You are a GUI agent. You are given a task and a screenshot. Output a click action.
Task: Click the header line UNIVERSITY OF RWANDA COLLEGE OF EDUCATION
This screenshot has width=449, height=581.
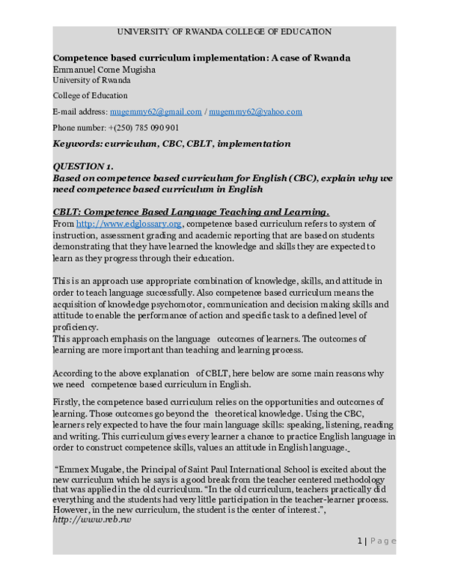pyautogui.click(x=224, y=31)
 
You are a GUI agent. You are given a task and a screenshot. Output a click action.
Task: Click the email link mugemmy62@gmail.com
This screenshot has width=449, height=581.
pyautogui.click(x=156, y=112)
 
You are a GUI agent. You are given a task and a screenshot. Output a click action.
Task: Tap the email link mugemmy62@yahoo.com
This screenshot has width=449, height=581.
pyautogui.click(x=256, y=112)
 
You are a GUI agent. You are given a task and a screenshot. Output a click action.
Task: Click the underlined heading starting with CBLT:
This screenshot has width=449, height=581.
pyautogui.click(x=191, y=211)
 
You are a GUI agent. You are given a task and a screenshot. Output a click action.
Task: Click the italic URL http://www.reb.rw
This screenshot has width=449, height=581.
pyautogui.click(x=91, y=519)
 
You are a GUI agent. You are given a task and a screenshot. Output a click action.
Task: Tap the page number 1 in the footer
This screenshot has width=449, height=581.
pyautogui.click(x=359, y=541)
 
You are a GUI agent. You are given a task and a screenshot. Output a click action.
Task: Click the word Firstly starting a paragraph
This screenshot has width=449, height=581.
pyautogui.click(x=68, y=402)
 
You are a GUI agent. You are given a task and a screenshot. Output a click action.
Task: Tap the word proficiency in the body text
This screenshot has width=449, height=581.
pyautogui.click(x=75, y=327)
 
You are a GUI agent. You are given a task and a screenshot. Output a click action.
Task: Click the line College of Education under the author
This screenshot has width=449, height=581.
pyautogui.click(x=90, y=96)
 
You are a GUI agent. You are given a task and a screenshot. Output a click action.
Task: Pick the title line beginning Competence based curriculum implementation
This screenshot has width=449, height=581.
pyautogui.click(x=201, y=58)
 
